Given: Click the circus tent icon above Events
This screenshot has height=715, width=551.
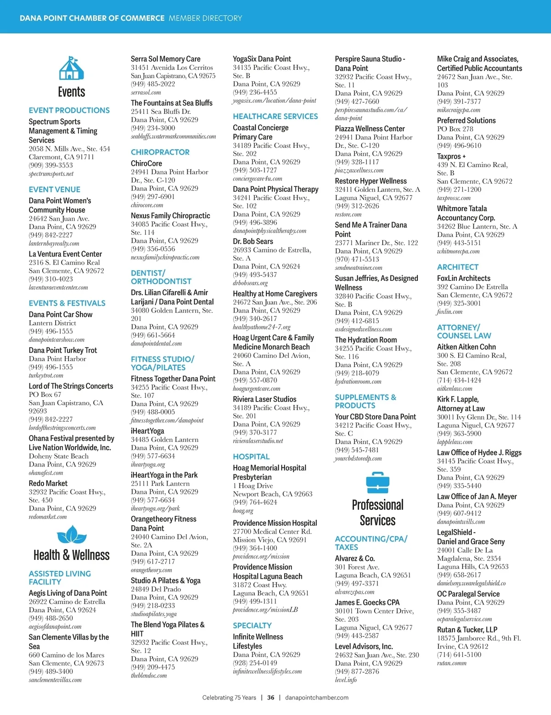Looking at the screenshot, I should (x=71, y=68).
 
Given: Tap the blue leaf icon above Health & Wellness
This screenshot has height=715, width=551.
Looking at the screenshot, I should (x=71, y=535).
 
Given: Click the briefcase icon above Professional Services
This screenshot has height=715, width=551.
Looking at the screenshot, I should (x=377, y=482).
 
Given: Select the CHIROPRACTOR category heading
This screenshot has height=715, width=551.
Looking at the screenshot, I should (x=160, y=152).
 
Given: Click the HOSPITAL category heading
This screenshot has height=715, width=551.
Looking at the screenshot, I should (x=251, y=457).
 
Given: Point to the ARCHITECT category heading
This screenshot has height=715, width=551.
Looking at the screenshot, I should (x=457, y=267).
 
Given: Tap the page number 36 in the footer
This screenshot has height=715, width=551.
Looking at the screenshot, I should (x=271, y=698).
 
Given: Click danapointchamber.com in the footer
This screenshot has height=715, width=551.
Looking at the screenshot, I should (x=316, y=698).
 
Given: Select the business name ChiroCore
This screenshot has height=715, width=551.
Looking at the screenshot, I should (x=146, y=163).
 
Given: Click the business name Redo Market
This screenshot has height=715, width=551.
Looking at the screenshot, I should (x=48, y=483).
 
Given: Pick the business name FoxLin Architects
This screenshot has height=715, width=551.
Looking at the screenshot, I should (x=463, y=278).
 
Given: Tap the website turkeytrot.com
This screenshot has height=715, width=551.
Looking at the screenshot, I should (x=46, y=375).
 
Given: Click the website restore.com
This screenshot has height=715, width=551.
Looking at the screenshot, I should (x=348, y=214).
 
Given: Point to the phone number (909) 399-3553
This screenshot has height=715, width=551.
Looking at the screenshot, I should (x=51, y=165).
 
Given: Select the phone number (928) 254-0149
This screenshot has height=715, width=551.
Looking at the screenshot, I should (x=255, y=663).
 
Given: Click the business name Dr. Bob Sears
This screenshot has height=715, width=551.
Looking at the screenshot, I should (x=253, y=241).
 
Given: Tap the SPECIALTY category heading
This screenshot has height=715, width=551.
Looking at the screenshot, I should (x=252, y=626).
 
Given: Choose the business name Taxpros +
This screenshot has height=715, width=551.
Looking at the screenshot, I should (x=451, y=156).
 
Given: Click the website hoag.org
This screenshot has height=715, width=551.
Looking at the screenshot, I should (x=243, y=511).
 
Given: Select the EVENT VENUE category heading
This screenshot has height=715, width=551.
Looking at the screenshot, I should (x=54, y=190).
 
